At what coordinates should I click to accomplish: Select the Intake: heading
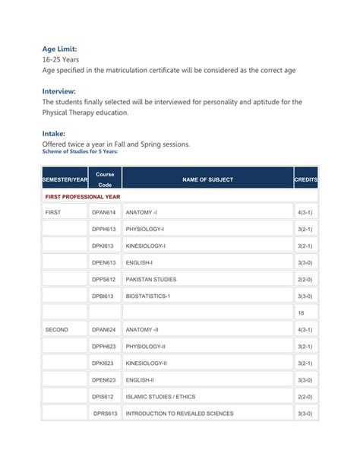(58, 133)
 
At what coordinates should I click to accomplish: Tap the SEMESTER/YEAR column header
(65, 179)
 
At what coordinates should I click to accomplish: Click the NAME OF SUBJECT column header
(207, 179)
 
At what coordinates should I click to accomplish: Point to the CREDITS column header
(305, 179)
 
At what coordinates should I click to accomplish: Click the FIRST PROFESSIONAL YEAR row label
(81, 196)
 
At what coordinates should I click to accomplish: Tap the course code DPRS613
(104, 414)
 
